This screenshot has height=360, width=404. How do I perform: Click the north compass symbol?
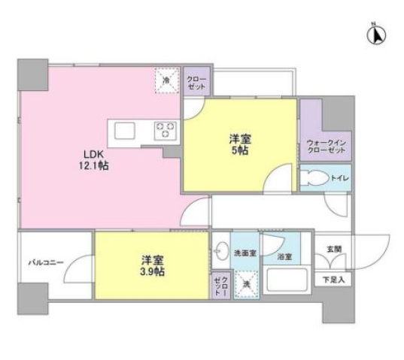(x=378, y=34)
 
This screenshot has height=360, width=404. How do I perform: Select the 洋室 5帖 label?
(x=239, y=145)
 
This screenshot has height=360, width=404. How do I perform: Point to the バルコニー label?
(x=46, y=263)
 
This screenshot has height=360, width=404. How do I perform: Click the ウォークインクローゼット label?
(x=325, y=146)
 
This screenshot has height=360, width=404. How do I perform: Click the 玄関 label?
(x=333, y=249)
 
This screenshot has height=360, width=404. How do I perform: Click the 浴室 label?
(x=284, y=256)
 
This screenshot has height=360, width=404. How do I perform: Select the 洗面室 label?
(x=245, y=253)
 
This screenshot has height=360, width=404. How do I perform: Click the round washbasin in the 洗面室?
(x=219, y=250)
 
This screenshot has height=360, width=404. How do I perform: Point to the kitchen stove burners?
(x=164, y=130)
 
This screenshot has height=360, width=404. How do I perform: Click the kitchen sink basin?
(x=124, y=131)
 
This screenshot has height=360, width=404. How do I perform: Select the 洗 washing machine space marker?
(x=246, y=284)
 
